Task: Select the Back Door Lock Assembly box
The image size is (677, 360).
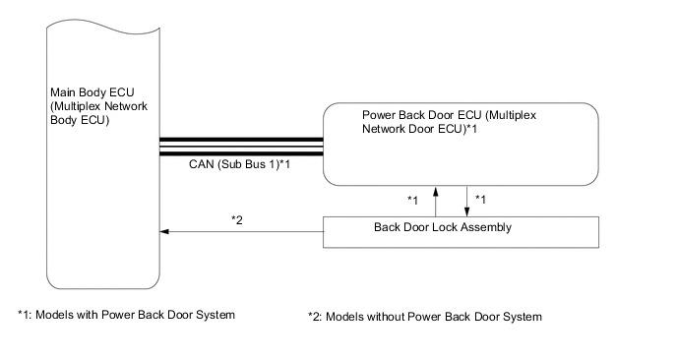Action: coord(461,231)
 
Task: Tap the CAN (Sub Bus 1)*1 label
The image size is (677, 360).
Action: coord(240,165)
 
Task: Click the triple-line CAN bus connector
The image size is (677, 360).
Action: coord(241,145)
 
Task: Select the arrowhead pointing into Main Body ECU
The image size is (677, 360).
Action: coord(165,232)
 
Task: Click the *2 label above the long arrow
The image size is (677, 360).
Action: coord(236,218)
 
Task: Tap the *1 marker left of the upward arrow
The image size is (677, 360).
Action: coord(414,200)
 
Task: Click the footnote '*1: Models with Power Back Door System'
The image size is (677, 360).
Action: coord(127,315)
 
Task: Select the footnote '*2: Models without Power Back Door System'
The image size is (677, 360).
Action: coord(425,316)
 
